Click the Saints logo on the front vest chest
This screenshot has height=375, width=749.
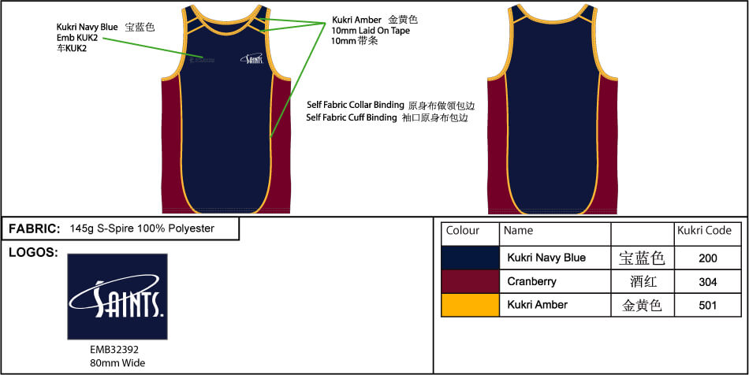click(252, 58)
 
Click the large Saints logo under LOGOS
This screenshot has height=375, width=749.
click(117, 296)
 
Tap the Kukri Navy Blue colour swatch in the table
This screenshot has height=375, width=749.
click(471, 258)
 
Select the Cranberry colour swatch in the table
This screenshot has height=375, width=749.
click(471, 281)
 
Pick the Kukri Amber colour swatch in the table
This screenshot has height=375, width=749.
click(471, 305)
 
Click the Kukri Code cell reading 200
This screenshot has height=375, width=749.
click(707, 258)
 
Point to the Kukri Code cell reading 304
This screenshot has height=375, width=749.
click(707, 282)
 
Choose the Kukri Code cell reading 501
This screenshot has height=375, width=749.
click(707, 305)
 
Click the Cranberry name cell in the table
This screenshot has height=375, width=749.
click(531, 281)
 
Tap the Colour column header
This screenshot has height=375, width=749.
click(462, 231)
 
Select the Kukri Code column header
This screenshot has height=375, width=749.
click(704, 231)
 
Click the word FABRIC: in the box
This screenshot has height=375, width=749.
click(35, 228)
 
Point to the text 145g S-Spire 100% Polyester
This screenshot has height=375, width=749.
click(142, 228)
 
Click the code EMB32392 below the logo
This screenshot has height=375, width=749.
click(114, 350)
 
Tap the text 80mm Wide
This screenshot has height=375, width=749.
click(117, 363)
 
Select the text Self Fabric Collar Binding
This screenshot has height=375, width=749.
click(356, 105)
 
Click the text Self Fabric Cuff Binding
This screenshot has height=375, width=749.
click(352, 117)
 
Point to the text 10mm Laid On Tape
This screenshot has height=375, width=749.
click(371, 31)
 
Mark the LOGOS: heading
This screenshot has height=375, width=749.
click(33, 253)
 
